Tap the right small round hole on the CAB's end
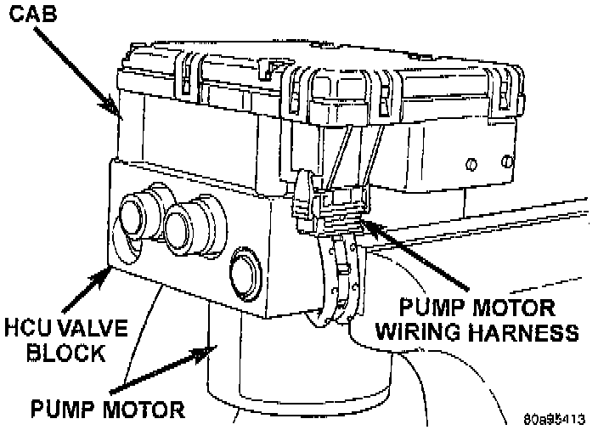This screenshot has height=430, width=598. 507,159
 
